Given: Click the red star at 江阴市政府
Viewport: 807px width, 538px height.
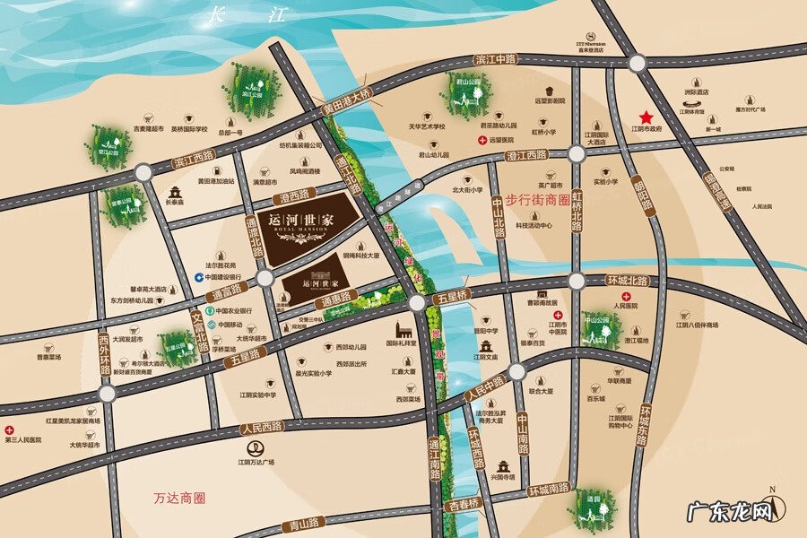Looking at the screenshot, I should point(646,117).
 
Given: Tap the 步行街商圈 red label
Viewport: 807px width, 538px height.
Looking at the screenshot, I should point(537,200).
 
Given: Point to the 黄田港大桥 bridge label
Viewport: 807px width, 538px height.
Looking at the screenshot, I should point(347,99).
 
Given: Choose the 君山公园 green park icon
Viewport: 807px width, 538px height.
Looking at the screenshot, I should point(463,91).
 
